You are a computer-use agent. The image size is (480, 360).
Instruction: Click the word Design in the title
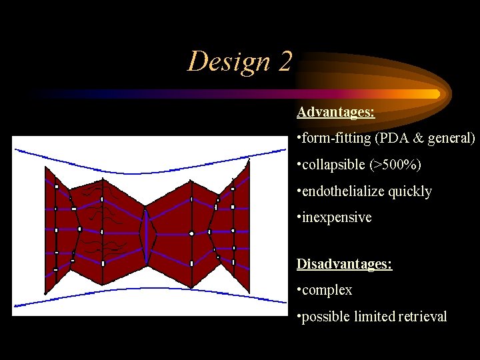(x=226, y=61)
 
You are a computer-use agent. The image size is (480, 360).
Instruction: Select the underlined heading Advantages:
(x=335, y=112)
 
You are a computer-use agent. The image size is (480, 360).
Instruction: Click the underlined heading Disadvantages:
(x=344, y=264)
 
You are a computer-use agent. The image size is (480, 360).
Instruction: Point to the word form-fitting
(x=337, y=139)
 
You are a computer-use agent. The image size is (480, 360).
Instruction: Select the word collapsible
(x=333, y=165)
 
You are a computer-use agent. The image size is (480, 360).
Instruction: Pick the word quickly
(x=409, y=191)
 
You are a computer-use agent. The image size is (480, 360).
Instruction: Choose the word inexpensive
(x=337, y=217)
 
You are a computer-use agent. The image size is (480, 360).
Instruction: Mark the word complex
(x=327, y=291)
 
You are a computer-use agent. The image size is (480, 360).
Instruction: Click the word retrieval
(x=423, y=317)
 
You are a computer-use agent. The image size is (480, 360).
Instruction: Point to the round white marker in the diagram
(x=191, y=234)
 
